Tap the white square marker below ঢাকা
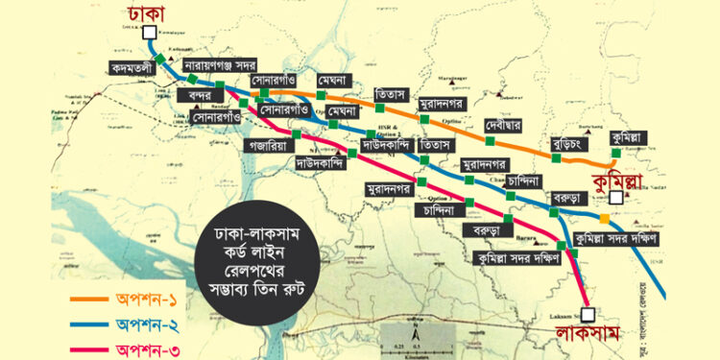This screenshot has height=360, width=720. click(150, 33)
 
